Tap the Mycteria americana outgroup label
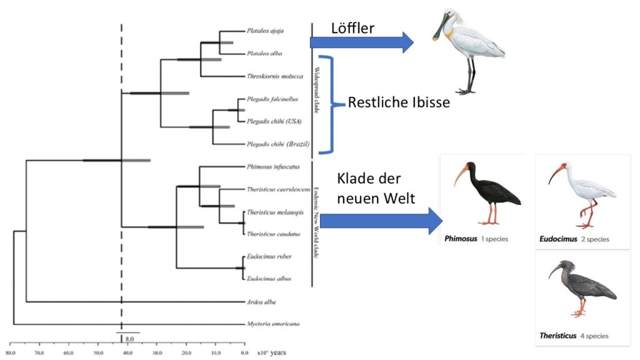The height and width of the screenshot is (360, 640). point(274,324)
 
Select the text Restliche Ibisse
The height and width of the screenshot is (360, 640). point(399,102)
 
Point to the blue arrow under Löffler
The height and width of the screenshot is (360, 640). point(361,42)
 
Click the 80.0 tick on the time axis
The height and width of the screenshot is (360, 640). point(11,352)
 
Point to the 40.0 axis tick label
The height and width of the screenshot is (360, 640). point(127,352)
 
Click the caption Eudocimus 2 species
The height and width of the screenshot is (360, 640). point(574,239)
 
